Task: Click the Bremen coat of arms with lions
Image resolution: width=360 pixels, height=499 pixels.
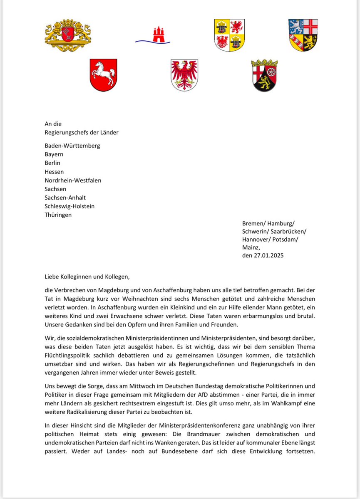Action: pos(68,35)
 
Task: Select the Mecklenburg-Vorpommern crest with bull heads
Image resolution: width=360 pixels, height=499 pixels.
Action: pos(229,35)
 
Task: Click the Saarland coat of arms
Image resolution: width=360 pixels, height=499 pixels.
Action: pos(303,35)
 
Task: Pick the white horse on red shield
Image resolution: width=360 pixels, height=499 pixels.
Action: pos(104,75)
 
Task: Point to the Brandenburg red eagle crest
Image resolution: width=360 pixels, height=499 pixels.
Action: pos(184,75)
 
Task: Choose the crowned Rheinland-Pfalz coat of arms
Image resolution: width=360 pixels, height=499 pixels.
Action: pos(264,75)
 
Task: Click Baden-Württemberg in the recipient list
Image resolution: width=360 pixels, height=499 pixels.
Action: pos(72,146)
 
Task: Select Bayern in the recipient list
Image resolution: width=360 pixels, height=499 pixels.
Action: pos(54,154)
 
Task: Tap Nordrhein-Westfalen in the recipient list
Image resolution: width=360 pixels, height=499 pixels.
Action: pos(73,180)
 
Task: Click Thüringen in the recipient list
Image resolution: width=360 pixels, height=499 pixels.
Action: pos(58,215)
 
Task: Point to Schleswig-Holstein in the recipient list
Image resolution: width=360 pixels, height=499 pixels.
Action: pos(70,206)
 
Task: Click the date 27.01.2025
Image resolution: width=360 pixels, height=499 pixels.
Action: pos(268,255)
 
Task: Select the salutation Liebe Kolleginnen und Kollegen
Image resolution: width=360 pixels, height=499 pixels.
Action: pos(90,276)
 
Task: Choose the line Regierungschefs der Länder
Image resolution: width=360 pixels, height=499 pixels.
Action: pos(82,132)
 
